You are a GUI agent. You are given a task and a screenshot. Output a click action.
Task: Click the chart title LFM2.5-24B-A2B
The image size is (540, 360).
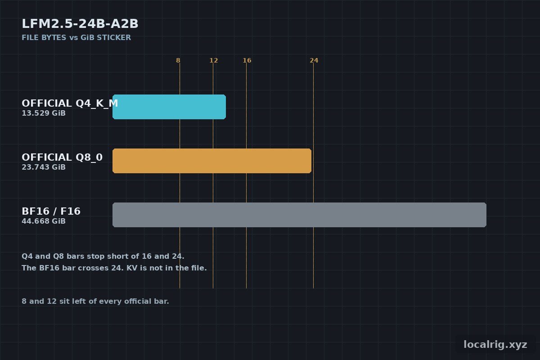[x=80, y=24]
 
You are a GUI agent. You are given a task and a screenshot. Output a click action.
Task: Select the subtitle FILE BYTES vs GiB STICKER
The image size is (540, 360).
[x=76, y=38]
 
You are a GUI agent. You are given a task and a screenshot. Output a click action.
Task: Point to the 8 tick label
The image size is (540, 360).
[x=178, y=60]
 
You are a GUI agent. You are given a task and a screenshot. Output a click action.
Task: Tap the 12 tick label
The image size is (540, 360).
[x=213, y=60]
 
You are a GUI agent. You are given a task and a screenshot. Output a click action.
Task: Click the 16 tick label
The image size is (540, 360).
[x=247, y=60]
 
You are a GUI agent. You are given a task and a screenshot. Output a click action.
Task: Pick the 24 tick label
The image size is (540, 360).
[x=314, y=60]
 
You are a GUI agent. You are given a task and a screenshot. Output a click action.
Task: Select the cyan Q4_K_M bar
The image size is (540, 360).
[x=169, y=107]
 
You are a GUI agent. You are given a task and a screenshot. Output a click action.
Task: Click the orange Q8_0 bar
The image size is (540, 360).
[x=212, y=161]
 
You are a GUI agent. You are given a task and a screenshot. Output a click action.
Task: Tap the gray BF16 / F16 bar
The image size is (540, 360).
[x=299, y=215]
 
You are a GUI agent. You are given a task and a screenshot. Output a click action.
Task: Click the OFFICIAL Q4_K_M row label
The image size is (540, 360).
[x=70, y=103]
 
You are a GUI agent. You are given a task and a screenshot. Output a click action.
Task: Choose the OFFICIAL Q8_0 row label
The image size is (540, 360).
[x=62, y=157]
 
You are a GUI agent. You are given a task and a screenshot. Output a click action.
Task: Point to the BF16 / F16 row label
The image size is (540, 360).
[x=51, y=211]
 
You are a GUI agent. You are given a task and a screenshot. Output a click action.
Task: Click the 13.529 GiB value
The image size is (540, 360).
[x=44, y=113]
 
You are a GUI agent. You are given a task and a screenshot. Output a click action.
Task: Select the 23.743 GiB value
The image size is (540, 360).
[x=44, y=167]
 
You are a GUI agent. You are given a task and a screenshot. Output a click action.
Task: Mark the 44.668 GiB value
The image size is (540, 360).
[x=44, y=221]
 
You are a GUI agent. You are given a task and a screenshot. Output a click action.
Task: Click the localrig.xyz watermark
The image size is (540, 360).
[x=495, y=345]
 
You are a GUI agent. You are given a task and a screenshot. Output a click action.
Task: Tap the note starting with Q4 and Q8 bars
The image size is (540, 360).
[x=103, y=256]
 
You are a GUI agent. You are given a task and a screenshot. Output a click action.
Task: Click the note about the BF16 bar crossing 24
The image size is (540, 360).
[x=114, y=268]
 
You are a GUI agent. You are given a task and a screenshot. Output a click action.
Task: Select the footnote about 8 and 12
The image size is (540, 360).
[x=95, y=301]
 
